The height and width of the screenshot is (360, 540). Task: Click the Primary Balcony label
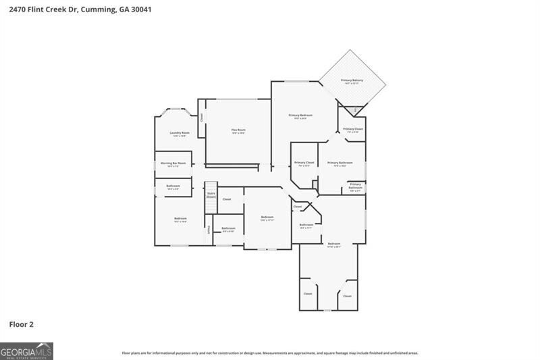coord(352,80)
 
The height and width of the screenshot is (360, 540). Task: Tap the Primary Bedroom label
coord(300,115)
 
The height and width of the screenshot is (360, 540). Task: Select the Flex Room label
coord(238,130)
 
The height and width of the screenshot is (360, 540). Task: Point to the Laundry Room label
coord(180,133)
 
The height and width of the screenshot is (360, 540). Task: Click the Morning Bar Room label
coord(173,163)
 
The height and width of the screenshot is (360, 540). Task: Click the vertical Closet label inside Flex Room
coord(201,117)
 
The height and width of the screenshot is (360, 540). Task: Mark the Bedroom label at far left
coord(180,218)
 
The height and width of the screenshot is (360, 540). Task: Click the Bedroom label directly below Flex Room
coord(267,217)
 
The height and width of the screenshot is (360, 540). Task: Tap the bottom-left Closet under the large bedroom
coord(308,294)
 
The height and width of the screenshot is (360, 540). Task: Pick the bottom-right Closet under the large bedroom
coord(347,296)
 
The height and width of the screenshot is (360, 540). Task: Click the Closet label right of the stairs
coord(227,199)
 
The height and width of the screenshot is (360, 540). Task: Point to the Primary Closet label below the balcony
coord(353,129)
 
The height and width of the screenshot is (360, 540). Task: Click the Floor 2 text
coord(21,324)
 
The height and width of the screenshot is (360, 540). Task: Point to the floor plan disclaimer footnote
coord(270,353)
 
